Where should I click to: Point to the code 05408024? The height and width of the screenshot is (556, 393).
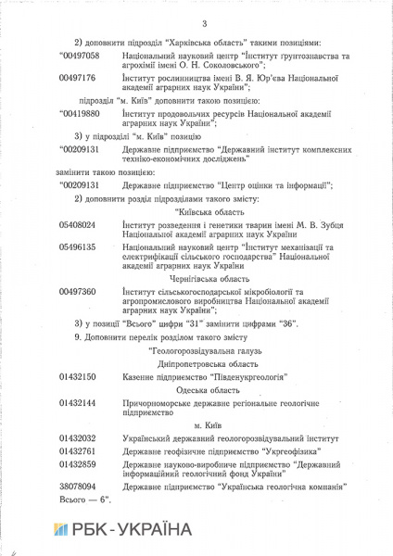(78, 224)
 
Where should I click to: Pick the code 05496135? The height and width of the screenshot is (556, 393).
(78, 248)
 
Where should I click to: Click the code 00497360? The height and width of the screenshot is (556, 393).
(78, 291)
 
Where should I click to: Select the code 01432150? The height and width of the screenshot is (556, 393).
(78, 378)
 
